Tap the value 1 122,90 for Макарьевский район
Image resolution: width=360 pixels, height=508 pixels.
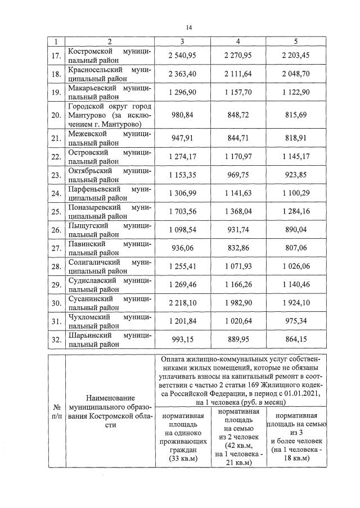pyautogui.click(x=296, y=93)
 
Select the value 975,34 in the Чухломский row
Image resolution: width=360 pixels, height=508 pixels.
pyautogui.click(x=296, y=321)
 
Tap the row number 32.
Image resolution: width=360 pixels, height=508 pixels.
pyautogui.click(x=56, y=340)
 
